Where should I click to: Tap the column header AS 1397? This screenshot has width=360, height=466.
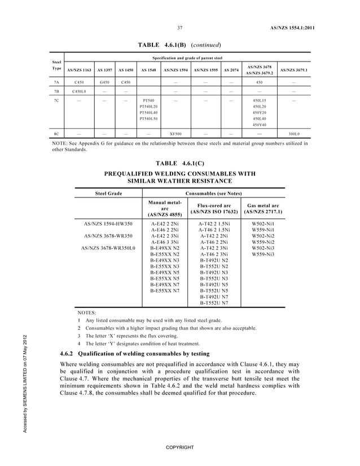[103, 71]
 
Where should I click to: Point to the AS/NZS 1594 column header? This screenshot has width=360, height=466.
[176, 71]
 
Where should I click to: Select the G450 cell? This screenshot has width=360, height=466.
[104, 82]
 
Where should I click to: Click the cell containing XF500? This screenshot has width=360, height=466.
[176, 134]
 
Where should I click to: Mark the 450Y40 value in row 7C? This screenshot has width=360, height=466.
[260, 125]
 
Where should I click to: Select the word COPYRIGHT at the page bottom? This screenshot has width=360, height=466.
[179, 447]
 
